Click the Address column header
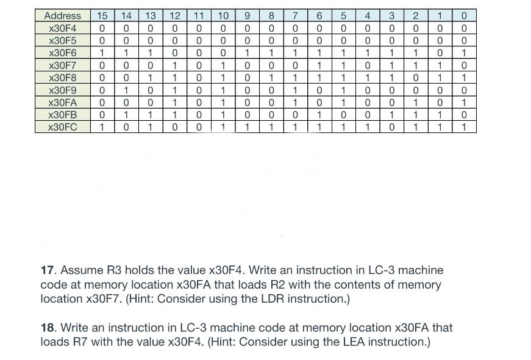pos(63,16)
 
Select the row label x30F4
pos(63,28)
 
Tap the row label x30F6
pos(63,53)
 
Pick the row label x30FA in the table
pos(63,103)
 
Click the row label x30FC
pos(63,127)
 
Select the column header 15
pos(102,16)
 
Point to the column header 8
pos(271,16)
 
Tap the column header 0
pos(464,16)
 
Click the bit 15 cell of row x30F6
pos(102,53)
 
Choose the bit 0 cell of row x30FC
pos(464,127)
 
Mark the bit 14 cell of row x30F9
pos(126,90)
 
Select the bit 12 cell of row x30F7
pos(174,65)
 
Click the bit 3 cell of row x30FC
pos(391,127)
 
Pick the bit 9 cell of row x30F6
pos(247,53)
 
